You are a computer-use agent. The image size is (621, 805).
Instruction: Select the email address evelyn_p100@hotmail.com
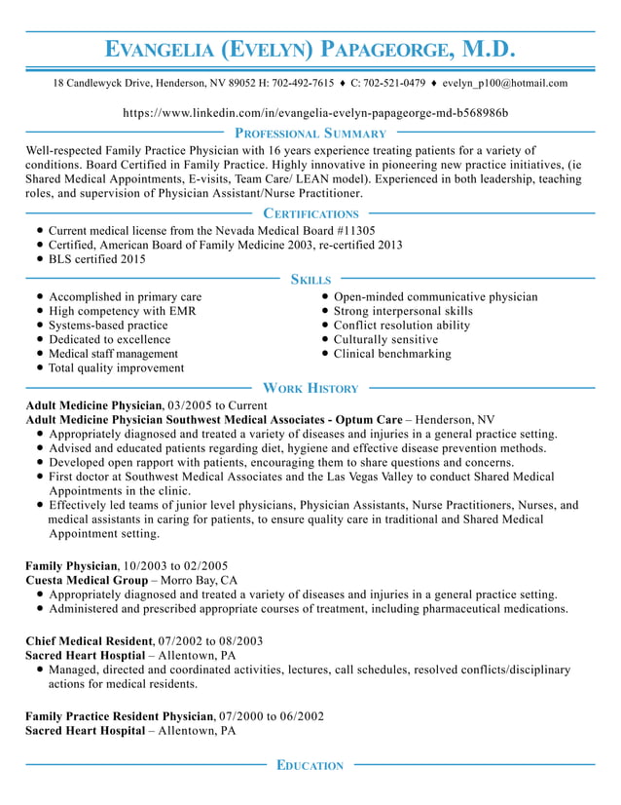[x=504, y=84]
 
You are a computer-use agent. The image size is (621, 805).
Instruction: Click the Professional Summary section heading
[x=310, y=134]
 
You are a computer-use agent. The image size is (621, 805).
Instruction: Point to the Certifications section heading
[x=310, y=213]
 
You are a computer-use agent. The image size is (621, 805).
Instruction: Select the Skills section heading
[x=310, y=280]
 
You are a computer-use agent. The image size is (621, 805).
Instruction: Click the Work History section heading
[x=310, y=388]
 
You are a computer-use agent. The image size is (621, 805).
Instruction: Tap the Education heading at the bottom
[x=310, y=766]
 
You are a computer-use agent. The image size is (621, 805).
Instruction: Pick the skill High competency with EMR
[x=123, y=311]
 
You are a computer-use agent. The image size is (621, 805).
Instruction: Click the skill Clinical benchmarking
[x=392, y=354]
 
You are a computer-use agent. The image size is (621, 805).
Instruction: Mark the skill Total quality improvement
[x=116, y=368]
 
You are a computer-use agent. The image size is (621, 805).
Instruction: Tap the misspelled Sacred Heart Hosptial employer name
[x=85, y=656]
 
